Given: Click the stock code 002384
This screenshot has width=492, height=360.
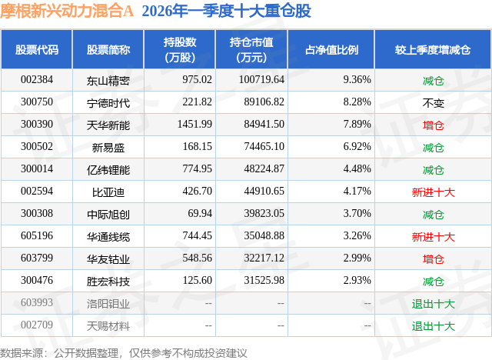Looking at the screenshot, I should tap(37, 79).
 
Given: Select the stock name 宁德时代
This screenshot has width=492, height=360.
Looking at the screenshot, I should tap(108, 102).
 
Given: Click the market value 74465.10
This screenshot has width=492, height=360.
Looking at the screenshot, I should tap(261, 146).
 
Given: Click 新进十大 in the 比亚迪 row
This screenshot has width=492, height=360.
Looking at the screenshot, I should tap(433, 192).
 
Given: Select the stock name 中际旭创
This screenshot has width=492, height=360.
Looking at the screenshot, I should tap(108, 214).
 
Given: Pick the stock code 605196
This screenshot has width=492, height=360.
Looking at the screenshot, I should tap(37, 236).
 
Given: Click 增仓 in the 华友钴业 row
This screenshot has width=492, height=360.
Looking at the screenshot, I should tap(433, 258).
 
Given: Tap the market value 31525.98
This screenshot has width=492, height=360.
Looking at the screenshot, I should tap(261, 281).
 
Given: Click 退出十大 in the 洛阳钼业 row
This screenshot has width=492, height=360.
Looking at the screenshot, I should tap(433, 303).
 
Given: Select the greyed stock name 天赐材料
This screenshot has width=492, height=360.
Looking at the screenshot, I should tap(108, 325).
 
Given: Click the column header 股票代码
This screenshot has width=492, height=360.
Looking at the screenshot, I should tap(37, 50).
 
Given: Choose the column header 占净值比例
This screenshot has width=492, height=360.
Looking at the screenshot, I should tap(337, 50).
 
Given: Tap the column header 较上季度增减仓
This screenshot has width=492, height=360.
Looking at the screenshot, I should tap(433, 50).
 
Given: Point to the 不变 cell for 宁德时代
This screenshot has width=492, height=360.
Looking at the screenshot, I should tap(433, 102).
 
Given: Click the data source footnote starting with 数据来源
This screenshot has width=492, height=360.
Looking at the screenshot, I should tap(124, 352).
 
